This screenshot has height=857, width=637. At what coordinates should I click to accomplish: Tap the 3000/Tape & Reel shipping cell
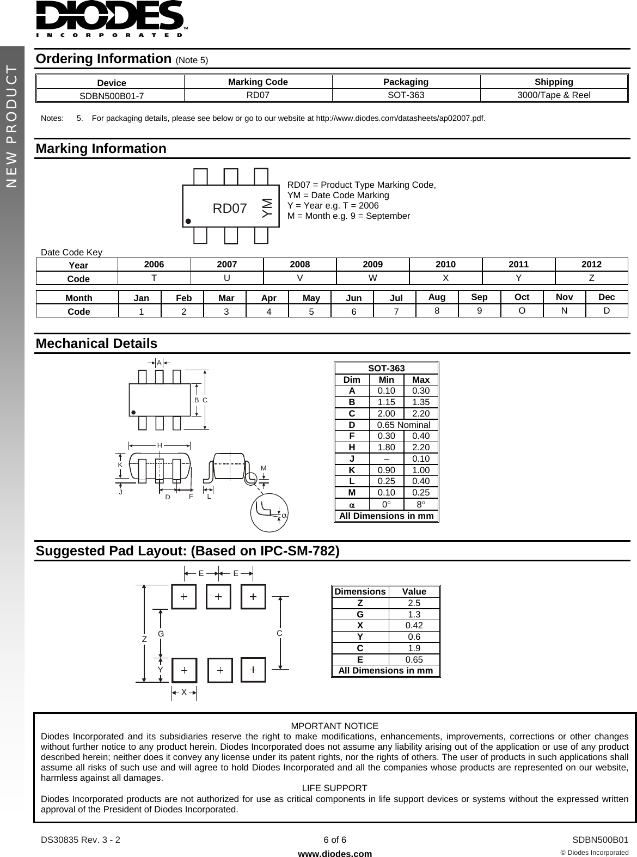click(x=554, y=95)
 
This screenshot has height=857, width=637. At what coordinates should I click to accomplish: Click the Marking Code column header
click(x=258, y=82)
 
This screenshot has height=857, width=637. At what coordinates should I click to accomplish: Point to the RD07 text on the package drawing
click(x=230, y=209)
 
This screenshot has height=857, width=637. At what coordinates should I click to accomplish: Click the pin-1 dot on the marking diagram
click(x=188, y=222)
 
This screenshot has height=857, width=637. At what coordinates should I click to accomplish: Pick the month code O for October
click(x=522, y=311)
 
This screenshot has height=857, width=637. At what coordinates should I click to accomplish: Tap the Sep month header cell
click(x=479, y=297)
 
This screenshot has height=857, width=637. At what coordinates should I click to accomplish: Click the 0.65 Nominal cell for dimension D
click(x=403, y=425)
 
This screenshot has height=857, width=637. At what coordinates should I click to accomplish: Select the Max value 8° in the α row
click(x=420, y=504)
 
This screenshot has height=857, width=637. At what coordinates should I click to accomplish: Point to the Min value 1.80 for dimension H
click(x=386, y=448)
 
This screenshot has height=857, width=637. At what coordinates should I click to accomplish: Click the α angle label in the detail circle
click(x=284, y=515)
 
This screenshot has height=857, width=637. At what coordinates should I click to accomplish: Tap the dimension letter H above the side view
click(x=160, y=445)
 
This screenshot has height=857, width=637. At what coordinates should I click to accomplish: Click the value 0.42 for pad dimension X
click(x=414, y=626)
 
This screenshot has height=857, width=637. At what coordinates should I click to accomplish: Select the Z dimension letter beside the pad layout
click(x=144, y=640)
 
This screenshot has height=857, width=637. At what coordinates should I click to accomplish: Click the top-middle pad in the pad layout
click(x=218, y=597)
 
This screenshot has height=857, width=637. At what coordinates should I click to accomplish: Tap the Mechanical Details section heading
click(x=96, y=344)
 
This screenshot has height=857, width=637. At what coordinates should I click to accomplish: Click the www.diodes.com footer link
click(x=335, y=854)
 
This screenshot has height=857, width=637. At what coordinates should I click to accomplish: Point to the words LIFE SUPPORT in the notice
click(x=334, y=788)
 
